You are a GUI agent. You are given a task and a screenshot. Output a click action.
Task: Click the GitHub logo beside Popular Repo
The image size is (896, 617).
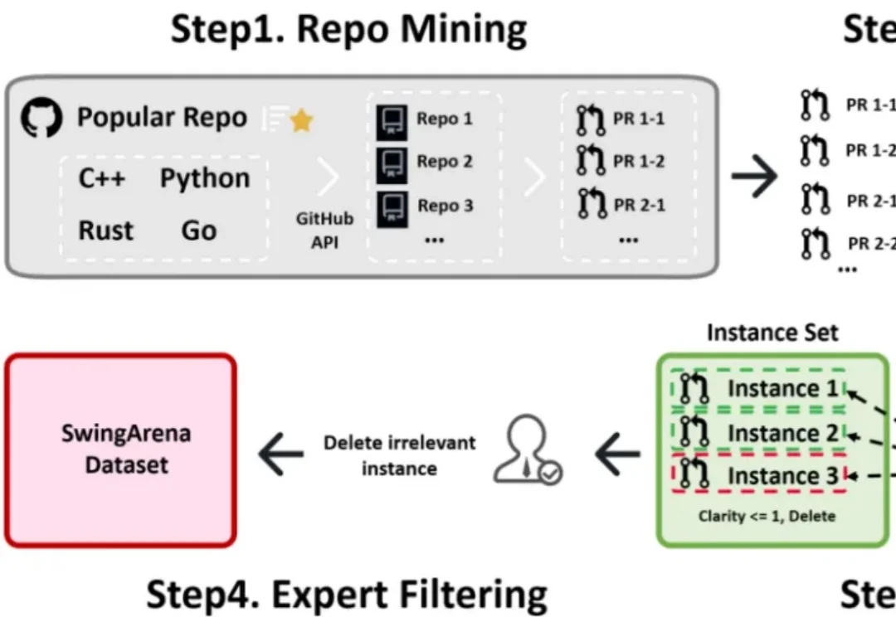[x=41, y=119]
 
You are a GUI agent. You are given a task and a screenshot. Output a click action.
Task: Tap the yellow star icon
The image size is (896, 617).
[x=301, y=121]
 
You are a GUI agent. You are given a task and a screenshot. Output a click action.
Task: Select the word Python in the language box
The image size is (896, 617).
[x=205, y=178]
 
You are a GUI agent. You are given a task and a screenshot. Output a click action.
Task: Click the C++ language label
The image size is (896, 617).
[x=102, y=178]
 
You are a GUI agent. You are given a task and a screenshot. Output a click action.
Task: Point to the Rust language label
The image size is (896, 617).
[x=105, y=230]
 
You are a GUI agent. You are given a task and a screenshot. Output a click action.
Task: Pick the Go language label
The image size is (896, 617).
[x=199, y=230]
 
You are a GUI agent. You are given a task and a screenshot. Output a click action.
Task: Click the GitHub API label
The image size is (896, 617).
[x=324, y=231]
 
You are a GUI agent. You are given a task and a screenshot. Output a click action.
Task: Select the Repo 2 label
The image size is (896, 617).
[x=445, y=161]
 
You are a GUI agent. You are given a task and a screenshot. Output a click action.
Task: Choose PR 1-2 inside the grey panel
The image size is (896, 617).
[x=639, y=161]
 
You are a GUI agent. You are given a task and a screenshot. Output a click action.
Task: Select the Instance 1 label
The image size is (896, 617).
[x=783, y=388]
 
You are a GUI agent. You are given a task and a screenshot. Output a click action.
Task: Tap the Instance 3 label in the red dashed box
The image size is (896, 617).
[x=783, y=476]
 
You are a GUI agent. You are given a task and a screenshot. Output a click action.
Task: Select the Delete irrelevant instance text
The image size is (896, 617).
[x=399, y=454]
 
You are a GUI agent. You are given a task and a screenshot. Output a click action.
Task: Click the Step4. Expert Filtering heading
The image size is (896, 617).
[x=347, y=594]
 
